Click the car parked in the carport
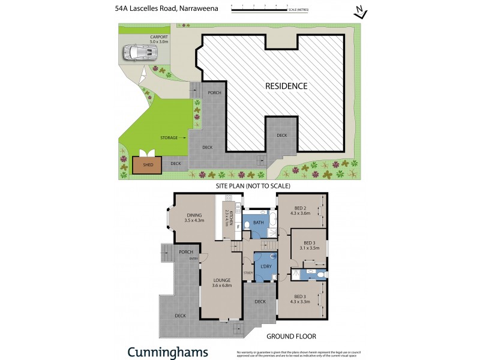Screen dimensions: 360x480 click(139, 53)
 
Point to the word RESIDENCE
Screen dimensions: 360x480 click(286, 86)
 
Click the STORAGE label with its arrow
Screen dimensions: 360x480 click(172, 138)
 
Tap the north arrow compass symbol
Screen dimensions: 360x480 click(360, 12)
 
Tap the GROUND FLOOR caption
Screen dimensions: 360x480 click(291, 337)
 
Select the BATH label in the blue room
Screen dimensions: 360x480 click(259, 223)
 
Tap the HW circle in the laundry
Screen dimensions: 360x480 click(272, 256)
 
